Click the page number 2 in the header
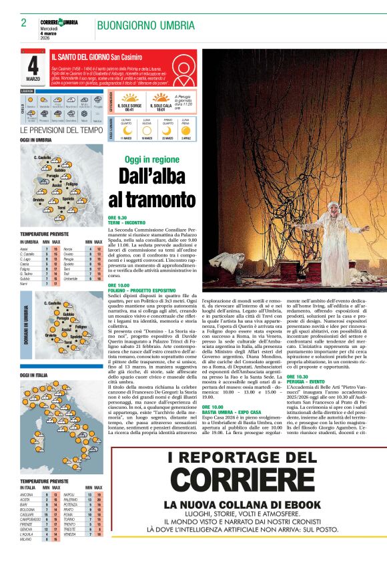[x=23, y=23]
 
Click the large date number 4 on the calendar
[x=33, y=65]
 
